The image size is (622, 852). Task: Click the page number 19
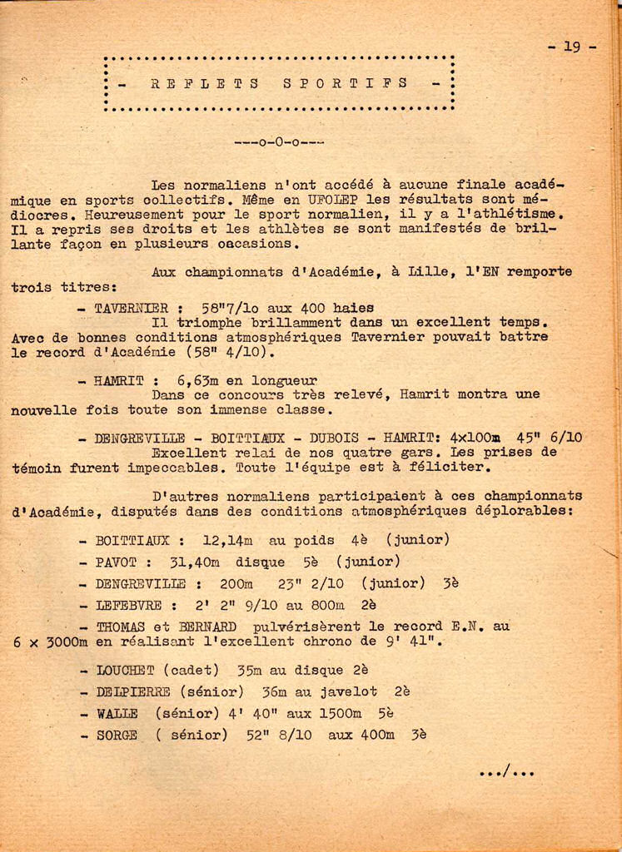coord(572,47)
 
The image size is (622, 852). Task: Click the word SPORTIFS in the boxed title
coord(346,83)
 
